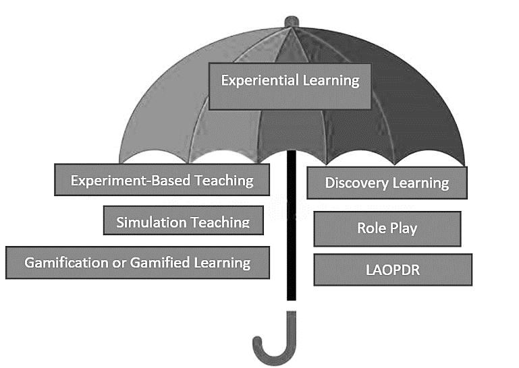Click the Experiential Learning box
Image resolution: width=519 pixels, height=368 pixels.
coord(290,86)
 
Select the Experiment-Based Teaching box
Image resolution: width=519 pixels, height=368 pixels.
coord(162,180)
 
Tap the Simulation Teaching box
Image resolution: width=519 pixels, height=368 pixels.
coord(183,221)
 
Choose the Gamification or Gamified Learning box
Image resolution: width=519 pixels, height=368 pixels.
coord(138,262)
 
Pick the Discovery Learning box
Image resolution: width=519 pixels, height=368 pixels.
coord(387,183)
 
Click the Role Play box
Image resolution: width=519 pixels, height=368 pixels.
coord(387,228)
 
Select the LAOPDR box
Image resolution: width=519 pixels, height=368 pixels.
coord(392,270)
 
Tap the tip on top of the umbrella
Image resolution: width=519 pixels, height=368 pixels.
coord(291,21)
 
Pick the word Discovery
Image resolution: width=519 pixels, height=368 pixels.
coord(354,183)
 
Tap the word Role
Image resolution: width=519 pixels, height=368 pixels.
coord(371,228)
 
